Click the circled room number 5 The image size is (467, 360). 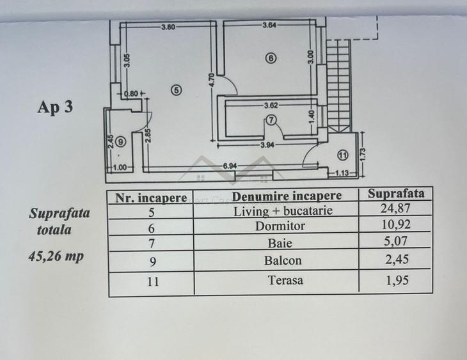tap(177, 90)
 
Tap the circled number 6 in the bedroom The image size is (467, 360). tap(271, 58)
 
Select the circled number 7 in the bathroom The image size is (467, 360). tap(271, 120)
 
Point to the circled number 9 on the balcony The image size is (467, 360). tap(120, 142)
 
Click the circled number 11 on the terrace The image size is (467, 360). tap(343, 155)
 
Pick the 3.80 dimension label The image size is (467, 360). tap(168, 27)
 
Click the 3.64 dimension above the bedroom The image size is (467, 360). tap(269, 26)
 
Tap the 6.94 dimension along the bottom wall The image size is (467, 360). tap(230, 166)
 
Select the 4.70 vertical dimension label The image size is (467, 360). tap(212, 81)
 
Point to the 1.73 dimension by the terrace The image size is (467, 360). tap(363, 154)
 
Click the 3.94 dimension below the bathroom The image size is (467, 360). tap(267, 145)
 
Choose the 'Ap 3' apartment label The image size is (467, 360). tap(55, 107)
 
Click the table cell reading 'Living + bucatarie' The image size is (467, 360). tap(283, 211)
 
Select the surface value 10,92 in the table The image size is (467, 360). tap(396, 224)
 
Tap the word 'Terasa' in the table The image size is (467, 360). tap(285, 280)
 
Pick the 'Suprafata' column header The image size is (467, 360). tap(396, 194)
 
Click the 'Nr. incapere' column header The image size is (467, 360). tap(152, 198)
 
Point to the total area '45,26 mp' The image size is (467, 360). tap(56, 256)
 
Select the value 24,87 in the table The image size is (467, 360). tap(395, 208)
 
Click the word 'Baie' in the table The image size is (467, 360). tap(280, 243)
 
